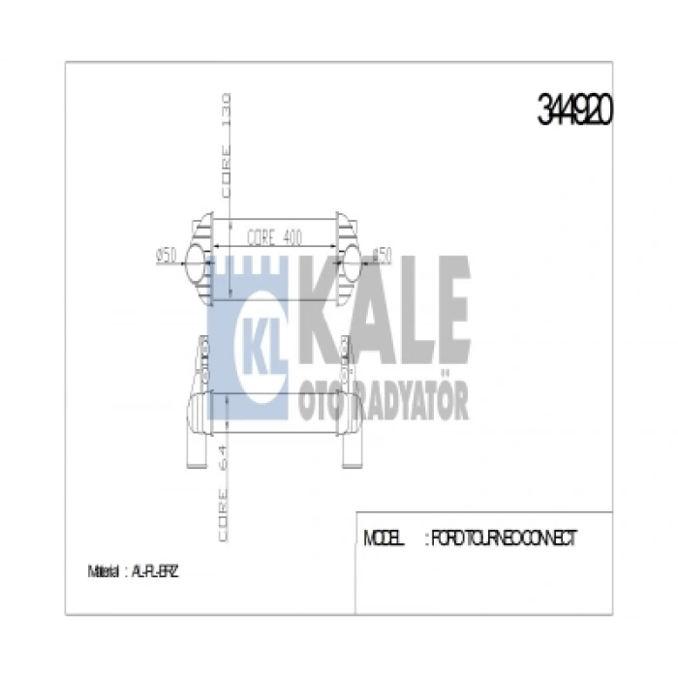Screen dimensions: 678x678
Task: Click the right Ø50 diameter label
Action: point(380,256)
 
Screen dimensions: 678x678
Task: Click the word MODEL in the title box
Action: point(384,539)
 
